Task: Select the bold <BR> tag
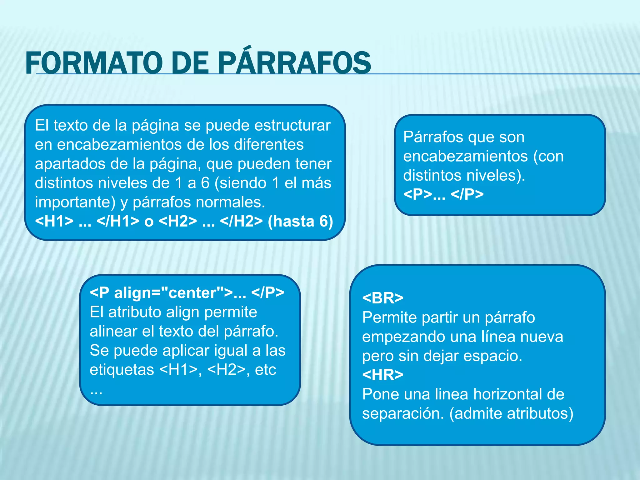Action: click(x=382, y=298)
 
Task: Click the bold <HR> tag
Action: click(x=382, y=375)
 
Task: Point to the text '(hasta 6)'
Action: click(x=300, y=221)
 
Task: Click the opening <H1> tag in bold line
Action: click(x=54, y=221)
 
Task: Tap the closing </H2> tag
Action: click(x=241, y=221)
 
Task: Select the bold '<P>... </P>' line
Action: click(x=443, y=194)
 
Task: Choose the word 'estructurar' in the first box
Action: click(x=292, y=125)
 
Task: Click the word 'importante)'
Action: click(x=75, y=202)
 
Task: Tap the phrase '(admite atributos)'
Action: click(x=511, y=413)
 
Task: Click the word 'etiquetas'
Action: click(x=122, y=370)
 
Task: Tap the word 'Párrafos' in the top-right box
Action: click(x=432, y=137)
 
